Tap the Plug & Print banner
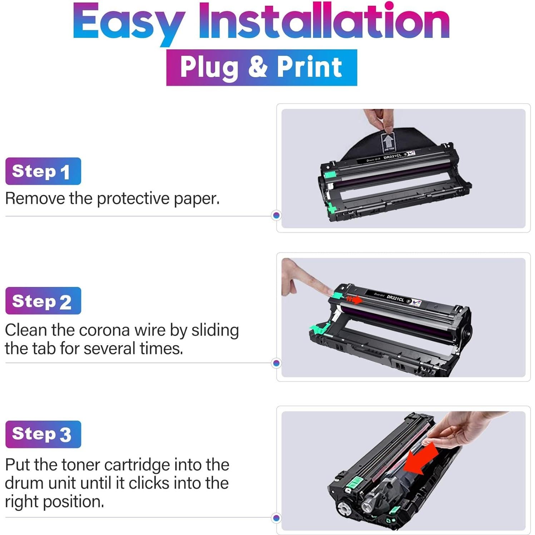coord(262,67)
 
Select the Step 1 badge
coord(43,171)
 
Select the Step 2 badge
coord(43,301)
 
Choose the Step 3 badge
coord(43,434)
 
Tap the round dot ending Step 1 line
coord(276,216)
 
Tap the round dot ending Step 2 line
coord(276,363)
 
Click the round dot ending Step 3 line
coord(276,518)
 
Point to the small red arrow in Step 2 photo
coord(355,299)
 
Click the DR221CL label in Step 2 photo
coord(395,298)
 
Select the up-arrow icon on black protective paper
coord(387,142)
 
